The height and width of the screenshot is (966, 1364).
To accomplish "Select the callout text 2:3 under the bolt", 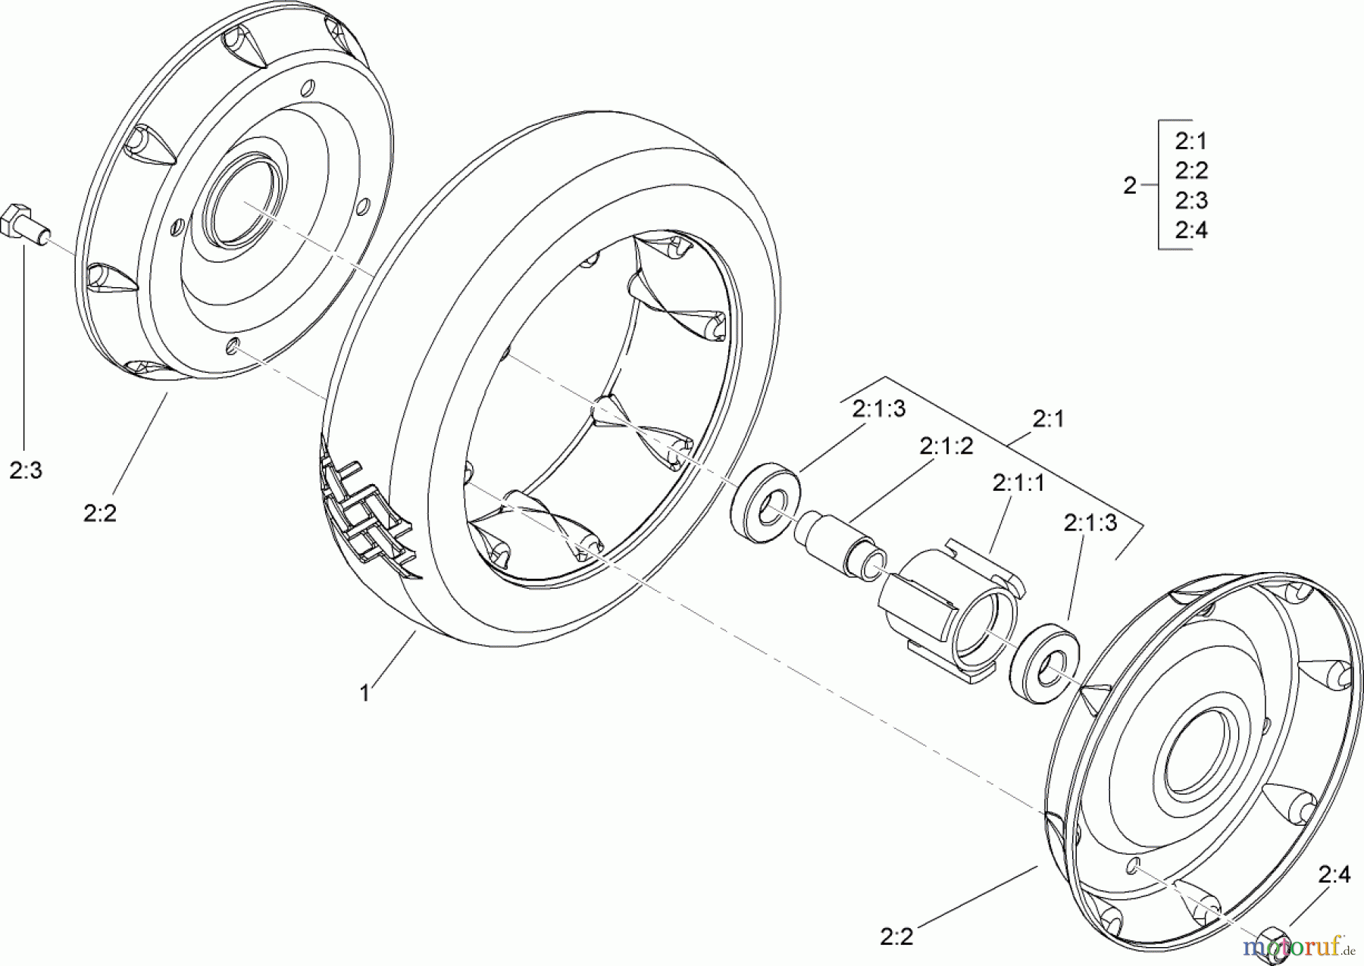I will click(x=26, y=470).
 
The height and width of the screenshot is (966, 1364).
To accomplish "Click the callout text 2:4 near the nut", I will click(x=1334, y=875).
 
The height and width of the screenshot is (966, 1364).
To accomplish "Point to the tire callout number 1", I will click(x=364, y=692).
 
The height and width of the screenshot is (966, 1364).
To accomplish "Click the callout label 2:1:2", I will click(x=946, y=446).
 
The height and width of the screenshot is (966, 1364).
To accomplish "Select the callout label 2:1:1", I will click(x=1018, y=483).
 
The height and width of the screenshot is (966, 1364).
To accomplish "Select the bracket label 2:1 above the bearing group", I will click(x=1048, y=419).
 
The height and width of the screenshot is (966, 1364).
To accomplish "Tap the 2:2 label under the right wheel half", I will click(x=896, y=936).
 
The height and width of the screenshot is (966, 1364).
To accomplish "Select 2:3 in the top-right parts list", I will click(x=1190, y=201).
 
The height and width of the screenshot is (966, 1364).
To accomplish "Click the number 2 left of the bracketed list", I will click(x=1130, y=186).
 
